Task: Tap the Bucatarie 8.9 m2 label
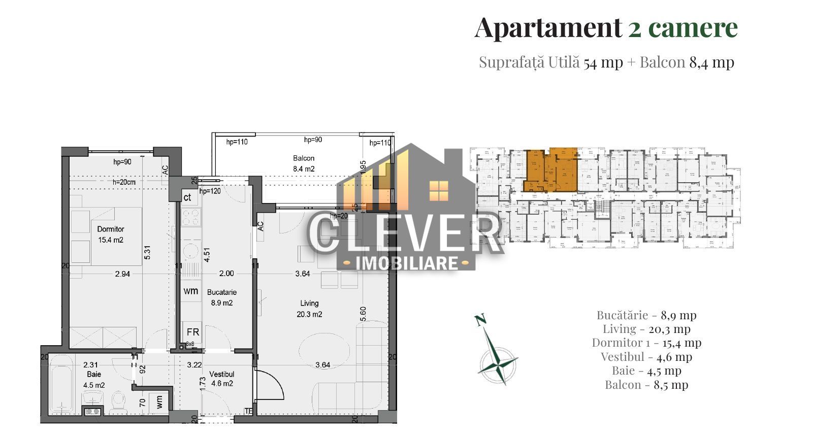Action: pos(222,297)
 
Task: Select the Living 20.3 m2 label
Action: pos(309,309)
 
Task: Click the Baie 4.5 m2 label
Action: pos(93,380)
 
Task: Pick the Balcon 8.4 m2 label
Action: pos(304,163)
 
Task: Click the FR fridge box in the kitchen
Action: pos(192,332)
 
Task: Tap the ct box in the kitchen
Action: pos(187,197)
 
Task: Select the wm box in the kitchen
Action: pos(190,291)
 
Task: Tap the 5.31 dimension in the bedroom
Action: pos(148,252)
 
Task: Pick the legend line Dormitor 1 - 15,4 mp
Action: pos(646,343)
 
